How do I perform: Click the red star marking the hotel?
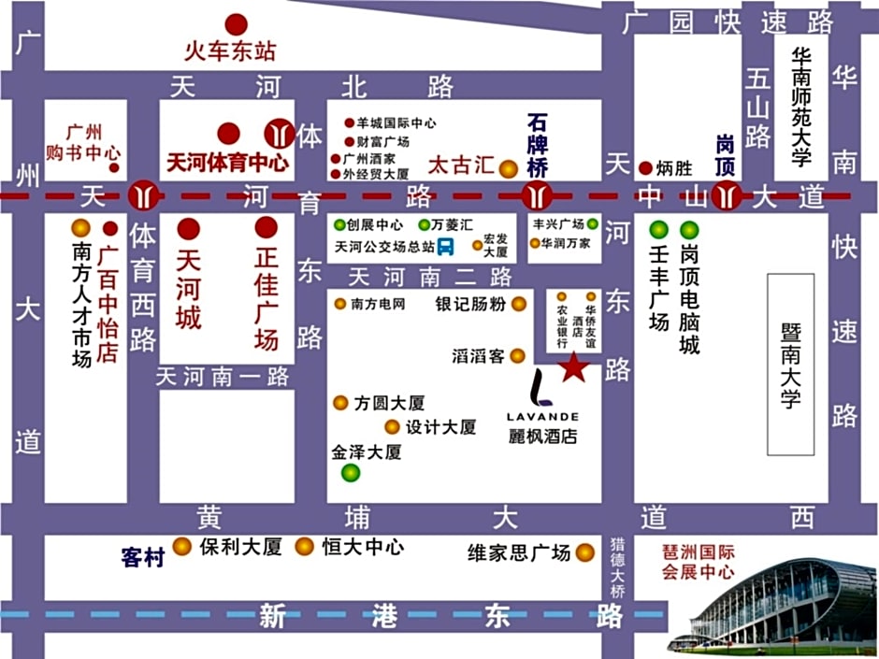coord(573,368)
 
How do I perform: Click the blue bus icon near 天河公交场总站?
coord(446,247)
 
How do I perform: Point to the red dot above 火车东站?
coord(237,24)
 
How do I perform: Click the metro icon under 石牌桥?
coord(535,196)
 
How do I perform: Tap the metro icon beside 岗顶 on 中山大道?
coord(727,196)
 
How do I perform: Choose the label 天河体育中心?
coord(227,162)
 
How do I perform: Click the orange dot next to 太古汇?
coord(509,169)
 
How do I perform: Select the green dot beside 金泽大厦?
coord(351,473)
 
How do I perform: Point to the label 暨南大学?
coord(790,365)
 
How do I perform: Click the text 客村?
coord(143,557)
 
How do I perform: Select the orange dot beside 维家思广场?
coord(585,552)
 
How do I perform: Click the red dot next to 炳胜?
coord(645,169)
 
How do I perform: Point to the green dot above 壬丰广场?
coord(659,229)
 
